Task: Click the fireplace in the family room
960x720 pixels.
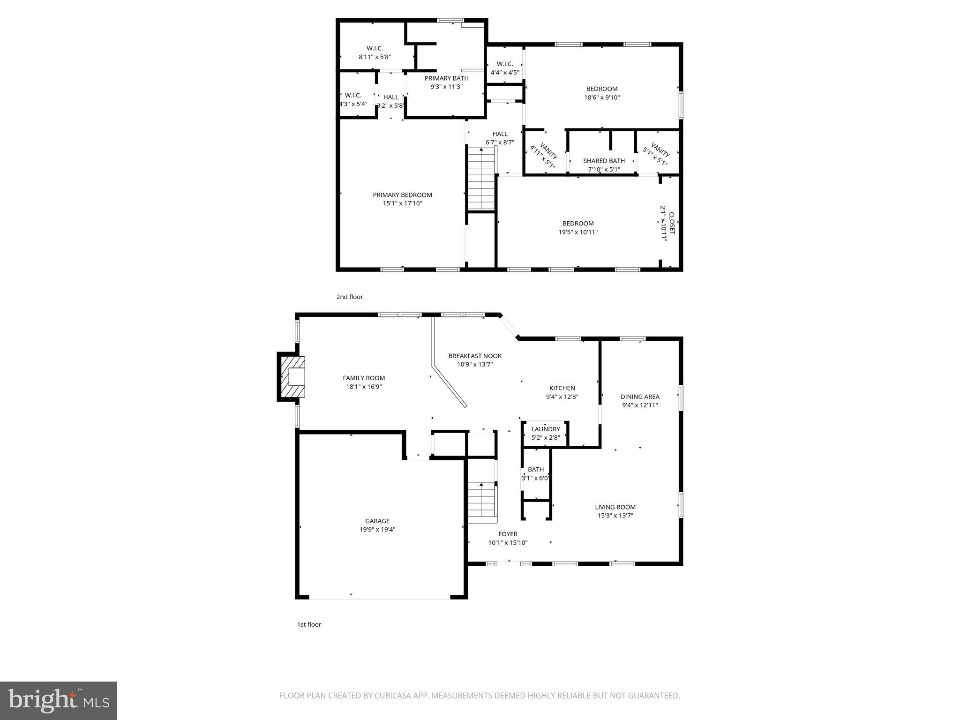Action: tap(292, 377)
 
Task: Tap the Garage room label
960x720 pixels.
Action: tap(377, 521)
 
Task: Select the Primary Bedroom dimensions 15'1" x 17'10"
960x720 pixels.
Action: tap(402, 203)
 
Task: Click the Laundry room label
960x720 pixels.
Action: tap(546, 429)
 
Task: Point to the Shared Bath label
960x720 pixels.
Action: tap(604, 161)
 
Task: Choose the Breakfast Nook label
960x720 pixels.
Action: tap(475, 356)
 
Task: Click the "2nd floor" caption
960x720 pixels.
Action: tap(350, 297)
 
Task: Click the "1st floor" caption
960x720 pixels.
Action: tap(309, 624)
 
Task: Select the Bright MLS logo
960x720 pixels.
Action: tap(59, 700)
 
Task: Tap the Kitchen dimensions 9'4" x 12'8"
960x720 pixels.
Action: tap(562, 397)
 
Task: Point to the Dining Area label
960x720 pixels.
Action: tap(640, 397)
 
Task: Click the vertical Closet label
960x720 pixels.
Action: tap(671, 224)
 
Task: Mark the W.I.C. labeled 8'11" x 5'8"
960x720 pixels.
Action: tap(375, 52)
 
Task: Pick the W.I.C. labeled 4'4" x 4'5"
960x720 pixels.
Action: tap(505, 68)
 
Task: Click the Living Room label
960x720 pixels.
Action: tap(615, 507)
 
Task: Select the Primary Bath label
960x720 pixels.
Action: tap(446, 78)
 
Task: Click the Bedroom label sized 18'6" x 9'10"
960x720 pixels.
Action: tap(602, 89)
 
